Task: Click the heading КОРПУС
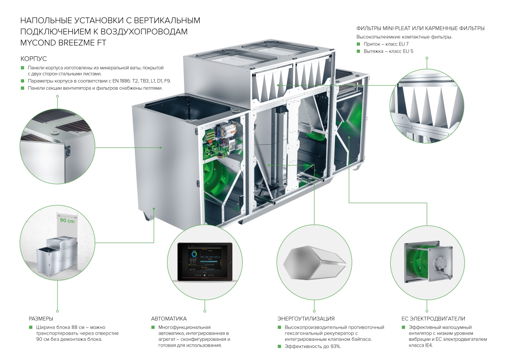[33, 59]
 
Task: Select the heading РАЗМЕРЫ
[41, 319]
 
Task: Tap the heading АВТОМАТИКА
[169, 319]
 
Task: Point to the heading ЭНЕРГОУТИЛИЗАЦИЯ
[306, 319]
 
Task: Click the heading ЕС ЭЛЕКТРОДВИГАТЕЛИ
[433, 319]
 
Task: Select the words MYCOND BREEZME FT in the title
[63, 43]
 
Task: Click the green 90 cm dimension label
[67, 221]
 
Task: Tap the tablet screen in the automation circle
[205, 262]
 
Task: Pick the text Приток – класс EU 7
[386, 44]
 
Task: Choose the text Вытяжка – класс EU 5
[388, 51]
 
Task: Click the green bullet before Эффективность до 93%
[279, 346]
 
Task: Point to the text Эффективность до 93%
[313, 346]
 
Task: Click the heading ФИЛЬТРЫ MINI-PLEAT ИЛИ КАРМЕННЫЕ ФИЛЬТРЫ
[421, 29]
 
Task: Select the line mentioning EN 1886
[99, 81]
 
